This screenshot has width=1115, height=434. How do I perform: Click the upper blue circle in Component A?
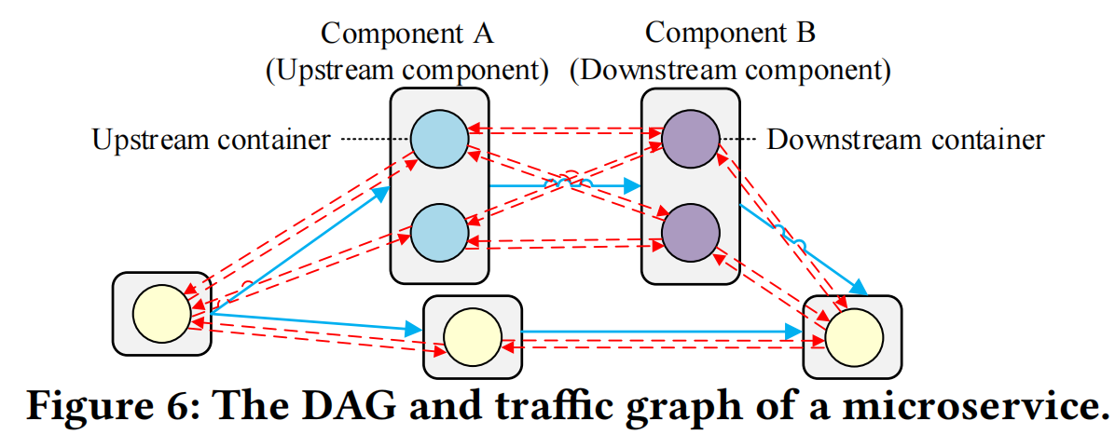pos(439,139)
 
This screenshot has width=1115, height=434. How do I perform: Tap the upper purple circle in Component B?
pos(691,139)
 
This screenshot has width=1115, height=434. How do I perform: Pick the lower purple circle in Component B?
pos(691,232)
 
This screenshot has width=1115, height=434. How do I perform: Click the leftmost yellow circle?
pos(162,313)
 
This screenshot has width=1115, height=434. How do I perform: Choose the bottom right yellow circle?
pos(853,337)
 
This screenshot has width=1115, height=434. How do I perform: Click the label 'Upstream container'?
pos(212,140)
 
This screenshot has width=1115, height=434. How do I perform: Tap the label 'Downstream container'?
pos(905,140)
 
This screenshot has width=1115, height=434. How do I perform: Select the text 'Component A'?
pos(407,33)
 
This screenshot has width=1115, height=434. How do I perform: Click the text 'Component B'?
pos(730,33)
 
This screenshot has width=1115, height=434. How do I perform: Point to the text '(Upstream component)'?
pos(406,71)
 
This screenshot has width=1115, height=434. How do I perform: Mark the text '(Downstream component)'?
pos(730,71)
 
